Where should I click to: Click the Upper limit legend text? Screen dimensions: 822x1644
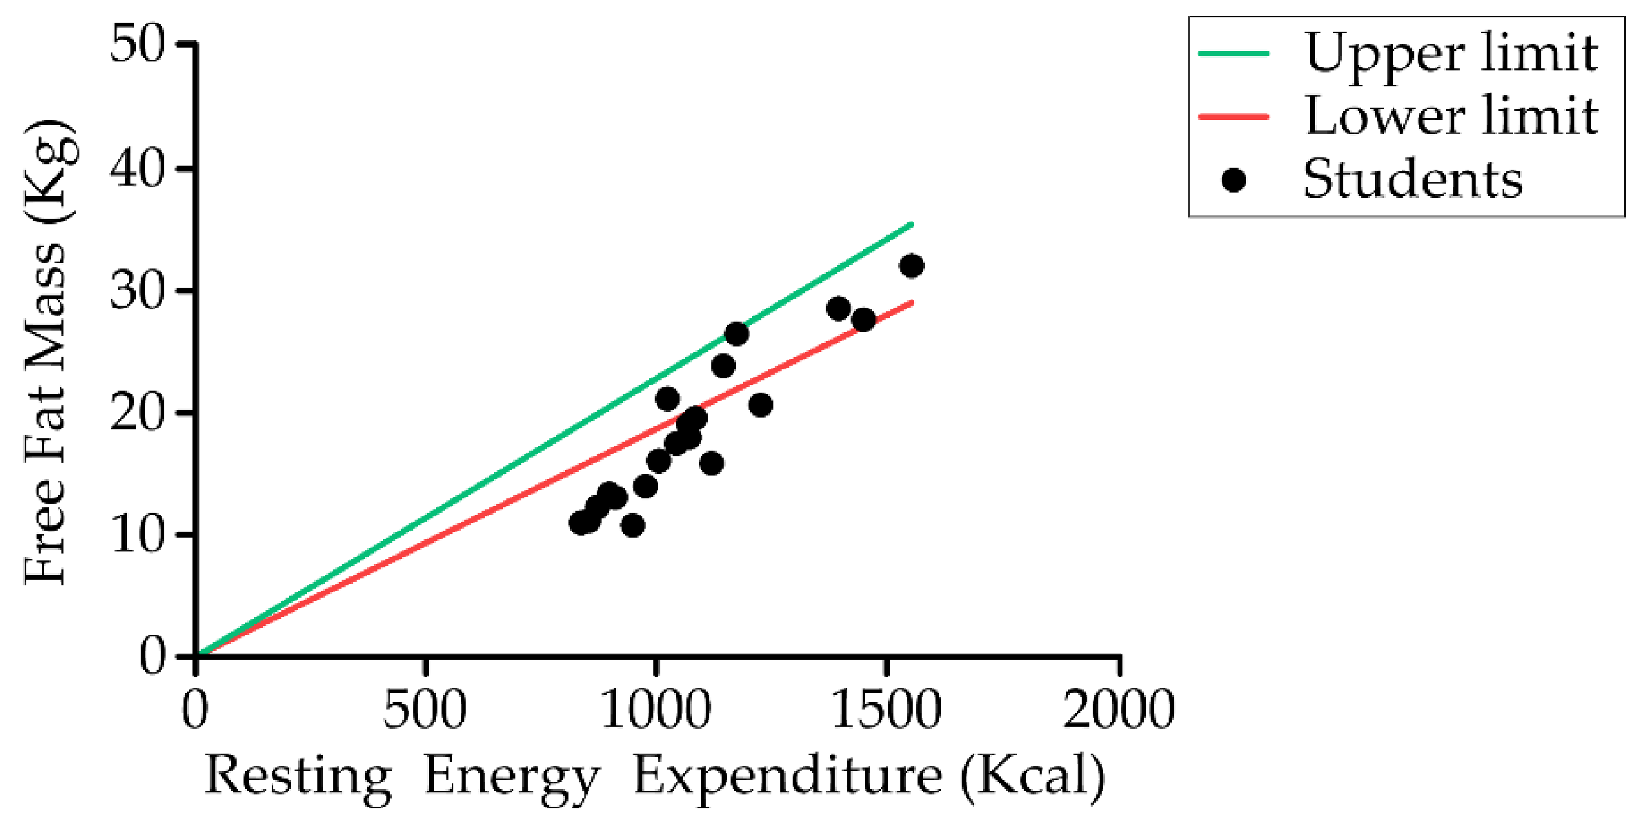point(1451,54)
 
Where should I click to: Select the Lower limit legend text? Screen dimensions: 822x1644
point(1451,116)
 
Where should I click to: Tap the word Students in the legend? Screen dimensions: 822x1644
point(1412,179)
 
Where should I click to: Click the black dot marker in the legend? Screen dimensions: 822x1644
point(1234,180)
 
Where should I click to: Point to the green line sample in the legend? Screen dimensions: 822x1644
point(1234,53)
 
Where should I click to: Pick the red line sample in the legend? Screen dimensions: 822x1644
point(1234,117)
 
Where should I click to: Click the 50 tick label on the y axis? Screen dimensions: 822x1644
point(138,45)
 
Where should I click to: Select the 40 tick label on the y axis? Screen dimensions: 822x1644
point(138,168)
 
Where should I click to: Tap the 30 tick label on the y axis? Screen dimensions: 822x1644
point(138,291)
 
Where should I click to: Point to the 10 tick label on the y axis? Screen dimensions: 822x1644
point(138,535)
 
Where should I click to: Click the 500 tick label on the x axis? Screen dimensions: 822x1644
point(425,709)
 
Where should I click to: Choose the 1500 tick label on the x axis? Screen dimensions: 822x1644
point(887,709)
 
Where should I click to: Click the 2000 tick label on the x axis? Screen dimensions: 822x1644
point(1118,709)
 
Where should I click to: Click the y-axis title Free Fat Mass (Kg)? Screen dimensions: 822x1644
point(47,352)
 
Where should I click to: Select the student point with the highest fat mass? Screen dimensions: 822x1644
point(911,266)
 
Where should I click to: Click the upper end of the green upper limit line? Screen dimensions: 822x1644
point(912,224)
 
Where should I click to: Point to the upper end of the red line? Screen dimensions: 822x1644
point(912,302)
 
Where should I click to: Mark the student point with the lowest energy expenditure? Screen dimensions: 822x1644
point(582,522)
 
